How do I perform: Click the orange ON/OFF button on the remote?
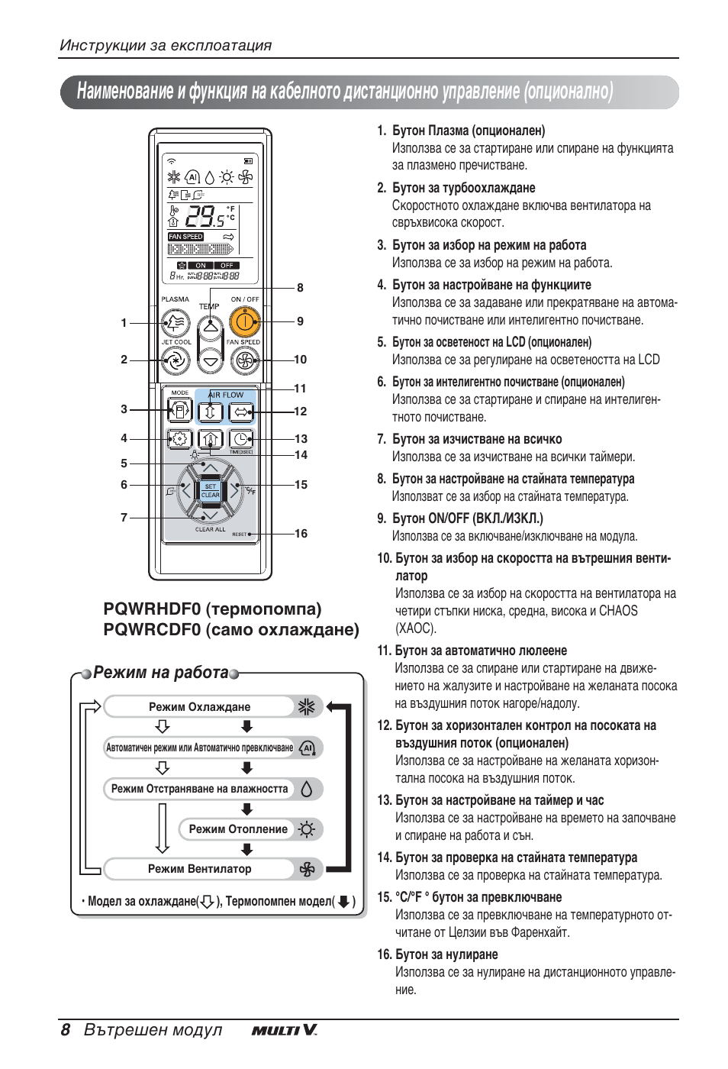pyautogui.click(x=244, y=322)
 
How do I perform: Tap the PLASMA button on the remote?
pyautogui.click(x=176, y=322)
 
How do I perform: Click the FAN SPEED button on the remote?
pyautogui.click(x=244, y=360)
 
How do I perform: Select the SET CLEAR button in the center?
pyautogui.click(x=210, y=491)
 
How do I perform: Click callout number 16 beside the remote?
pyautogui.click(x=301, y=534)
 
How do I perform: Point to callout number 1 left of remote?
pyautogui.click(x=124, y=323)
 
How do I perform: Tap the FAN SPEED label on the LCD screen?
pyautogui.click(x=186, y=237)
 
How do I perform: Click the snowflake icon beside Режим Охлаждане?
pyautogui.click(x=307, y=707)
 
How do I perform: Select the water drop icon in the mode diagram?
pyautogui.click(x=307, y=789)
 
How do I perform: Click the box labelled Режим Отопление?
pyautogui.click(x=239, y=829)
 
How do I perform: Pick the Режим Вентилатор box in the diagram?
pyautogui.click(x=200, y=869)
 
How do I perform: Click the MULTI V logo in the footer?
pyautogui.click(x=284, y=1030)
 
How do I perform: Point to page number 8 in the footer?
pyautogui.click(x=66, y=1030)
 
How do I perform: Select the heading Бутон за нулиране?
pyautogui.click(x=446, y=954)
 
